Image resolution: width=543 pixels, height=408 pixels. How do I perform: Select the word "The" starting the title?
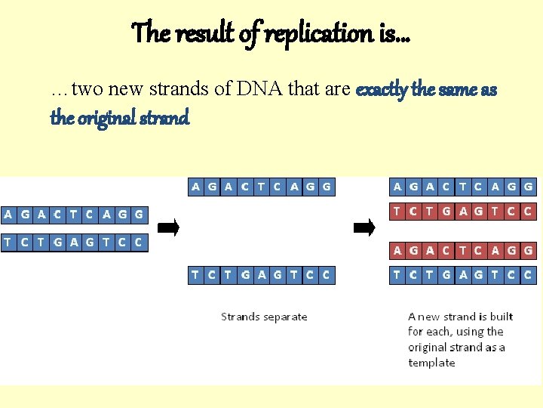[x=148, y=32]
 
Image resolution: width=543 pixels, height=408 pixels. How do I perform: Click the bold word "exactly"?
[x=381, y=90]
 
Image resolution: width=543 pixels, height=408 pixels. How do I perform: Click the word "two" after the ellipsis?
[x=90, y=90]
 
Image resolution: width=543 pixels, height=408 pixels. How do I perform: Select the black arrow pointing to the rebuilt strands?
[x=364, y=227]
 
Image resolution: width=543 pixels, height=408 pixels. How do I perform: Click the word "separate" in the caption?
[x=283, y=317]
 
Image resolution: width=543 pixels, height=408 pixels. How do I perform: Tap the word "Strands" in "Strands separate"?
[x=239, y=317]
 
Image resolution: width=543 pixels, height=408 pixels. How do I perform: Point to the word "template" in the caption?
[x=431, y=363]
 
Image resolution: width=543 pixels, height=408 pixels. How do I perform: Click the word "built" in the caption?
[x=500, y=317]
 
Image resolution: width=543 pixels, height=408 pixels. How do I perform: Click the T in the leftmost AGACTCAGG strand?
[x=73, y=215]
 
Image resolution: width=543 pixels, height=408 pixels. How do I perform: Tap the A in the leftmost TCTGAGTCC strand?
[x=74, y=243]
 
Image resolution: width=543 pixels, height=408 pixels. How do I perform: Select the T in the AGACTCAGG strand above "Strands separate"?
[x=260, y=187]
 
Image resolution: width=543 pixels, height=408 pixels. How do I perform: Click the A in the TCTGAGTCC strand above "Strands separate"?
[x=261, y=276]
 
